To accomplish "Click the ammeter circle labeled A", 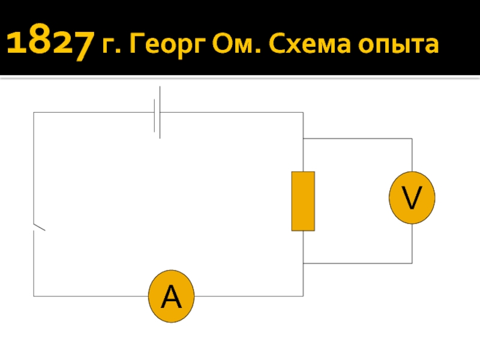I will [x=171, y=296].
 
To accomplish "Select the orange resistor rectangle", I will [x=303, y=201].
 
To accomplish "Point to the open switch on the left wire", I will [x=38, y=227].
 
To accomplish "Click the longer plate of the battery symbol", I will [x=160, y=112].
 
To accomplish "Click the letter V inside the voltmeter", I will [x=412, y=199].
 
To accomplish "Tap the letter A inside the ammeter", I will [x=171, y=296].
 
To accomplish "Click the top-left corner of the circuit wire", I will [x=34, y=112].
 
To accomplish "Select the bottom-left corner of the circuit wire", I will [x=34, y=296].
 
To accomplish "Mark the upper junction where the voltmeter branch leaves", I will [x=304, y=139].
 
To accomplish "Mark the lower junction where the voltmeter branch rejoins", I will [x=304, y=263].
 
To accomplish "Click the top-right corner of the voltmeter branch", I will [x=412, y=139].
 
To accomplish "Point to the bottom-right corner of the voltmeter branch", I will [x=412, y=263].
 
